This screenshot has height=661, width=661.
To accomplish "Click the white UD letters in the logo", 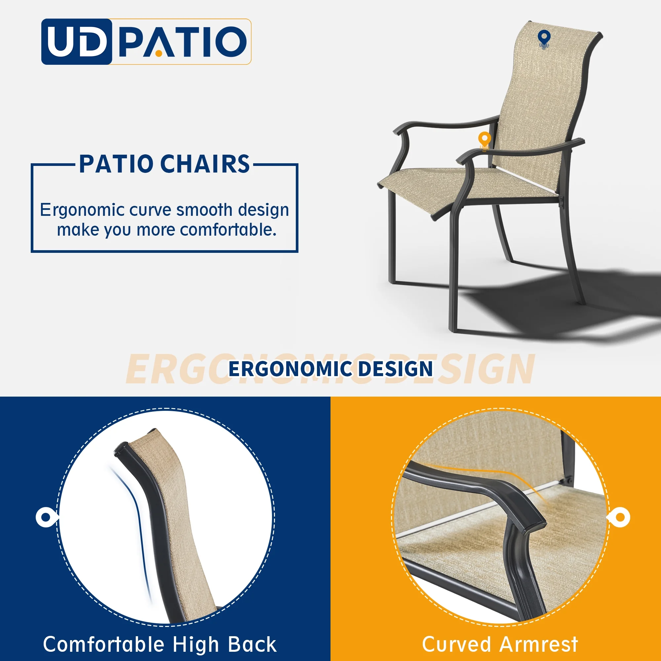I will (76, 41).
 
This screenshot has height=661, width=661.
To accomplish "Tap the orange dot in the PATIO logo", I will (158, 53).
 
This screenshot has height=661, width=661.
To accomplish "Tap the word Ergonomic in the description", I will (82, 210).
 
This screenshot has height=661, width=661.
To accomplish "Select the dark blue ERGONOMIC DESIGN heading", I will (330, 369).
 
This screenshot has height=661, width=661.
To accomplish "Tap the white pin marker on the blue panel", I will (46, 517).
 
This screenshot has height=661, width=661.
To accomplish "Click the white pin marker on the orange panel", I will (620, 517).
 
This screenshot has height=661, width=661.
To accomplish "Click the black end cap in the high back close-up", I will (120, 449).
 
